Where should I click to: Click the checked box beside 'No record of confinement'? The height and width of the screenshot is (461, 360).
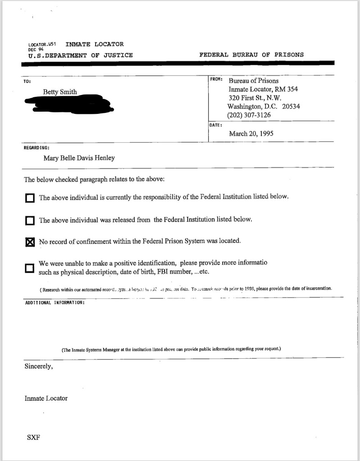point(30,242)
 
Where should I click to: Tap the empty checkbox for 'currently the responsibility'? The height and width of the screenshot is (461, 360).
point(30,198)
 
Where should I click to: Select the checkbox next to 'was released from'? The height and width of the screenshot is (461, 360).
point(30,220)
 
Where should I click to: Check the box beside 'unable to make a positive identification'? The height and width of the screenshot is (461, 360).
point(30,268)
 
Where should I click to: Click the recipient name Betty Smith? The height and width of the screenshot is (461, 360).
point(60,92)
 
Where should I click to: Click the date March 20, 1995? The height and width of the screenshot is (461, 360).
point(251,133)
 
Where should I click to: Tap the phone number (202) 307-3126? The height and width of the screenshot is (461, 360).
point(249,115)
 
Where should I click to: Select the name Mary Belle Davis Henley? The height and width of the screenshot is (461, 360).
point(79,158)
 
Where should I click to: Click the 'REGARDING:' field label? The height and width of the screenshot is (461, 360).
point(36,147)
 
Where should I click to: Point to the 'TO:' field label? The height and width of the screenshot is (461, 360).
point(27,81)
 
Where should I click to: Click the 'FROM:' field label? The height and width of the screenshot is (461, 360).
point(217,79)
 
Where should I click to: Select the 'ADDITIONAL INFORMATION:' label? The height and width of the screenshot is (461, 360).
point(54,303)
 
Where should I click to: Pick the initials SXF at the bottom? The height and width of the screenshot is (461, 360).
point(32,437)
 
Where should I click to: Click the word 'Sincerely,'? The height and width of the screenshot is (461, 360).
point(38,366)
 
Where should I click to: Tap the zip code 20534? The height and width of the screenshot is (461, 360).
point(291,107)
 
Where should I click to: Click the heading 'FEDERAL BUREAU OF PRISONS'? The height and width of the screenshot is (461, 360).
point(251,55)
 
